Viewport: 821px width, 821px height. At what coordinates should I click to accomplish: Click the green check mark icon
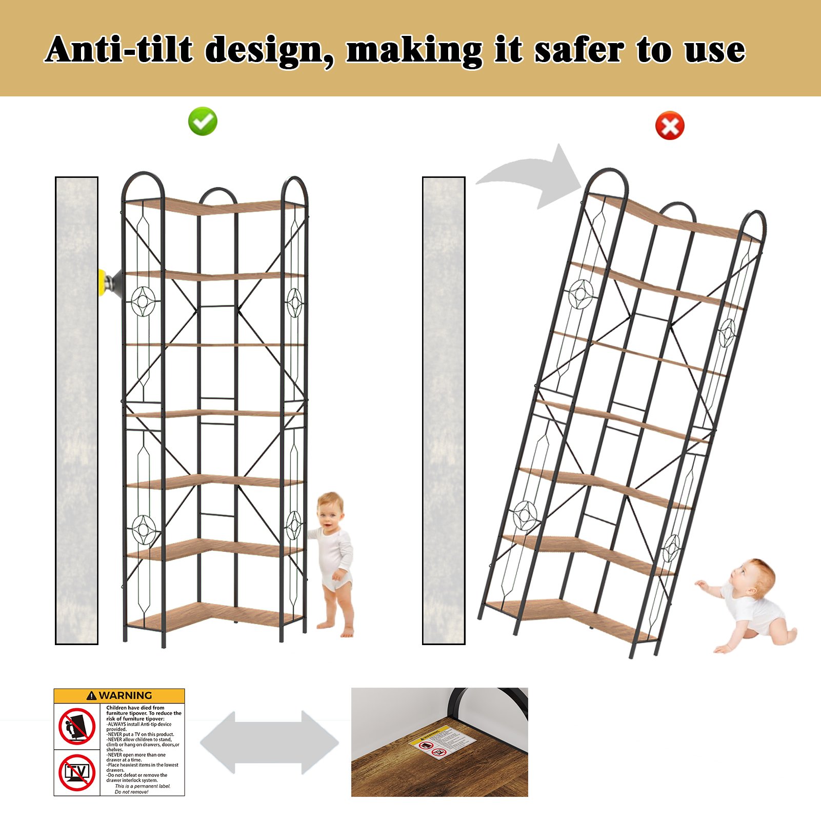[x=203, y=122]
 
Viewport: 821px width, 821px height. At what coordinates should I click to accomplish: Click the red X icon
[x=670, y=126]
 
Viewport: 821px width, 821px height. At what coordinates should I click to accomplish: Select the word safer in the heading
[x=579, y=50]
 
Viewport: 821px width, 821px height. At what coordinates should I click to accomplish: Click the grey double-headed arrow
[x=269, y=742]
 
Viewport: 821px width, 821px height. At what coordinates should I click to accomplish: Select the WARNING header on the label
[x=119, y=695]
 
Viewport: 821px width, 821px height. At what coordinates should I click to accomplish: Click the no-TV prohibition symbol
[x=77, y=772]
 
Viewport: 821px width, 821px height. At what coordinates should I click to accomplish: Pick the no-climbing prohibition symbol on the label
[x=77, y=726]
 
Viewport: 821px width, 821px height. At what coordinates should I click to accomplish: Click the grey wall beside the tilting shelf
[x=444, y=410]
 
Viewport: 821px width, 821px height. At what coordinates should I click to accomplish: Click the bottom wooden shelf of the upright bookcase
[x=215, y=615]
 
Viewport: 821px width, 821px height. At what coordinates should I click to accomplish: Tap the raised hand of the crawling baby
[x=700, y=583]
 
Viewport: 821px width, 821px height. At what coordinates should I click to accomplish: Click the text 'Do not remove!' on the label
[x=131, y=792]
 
